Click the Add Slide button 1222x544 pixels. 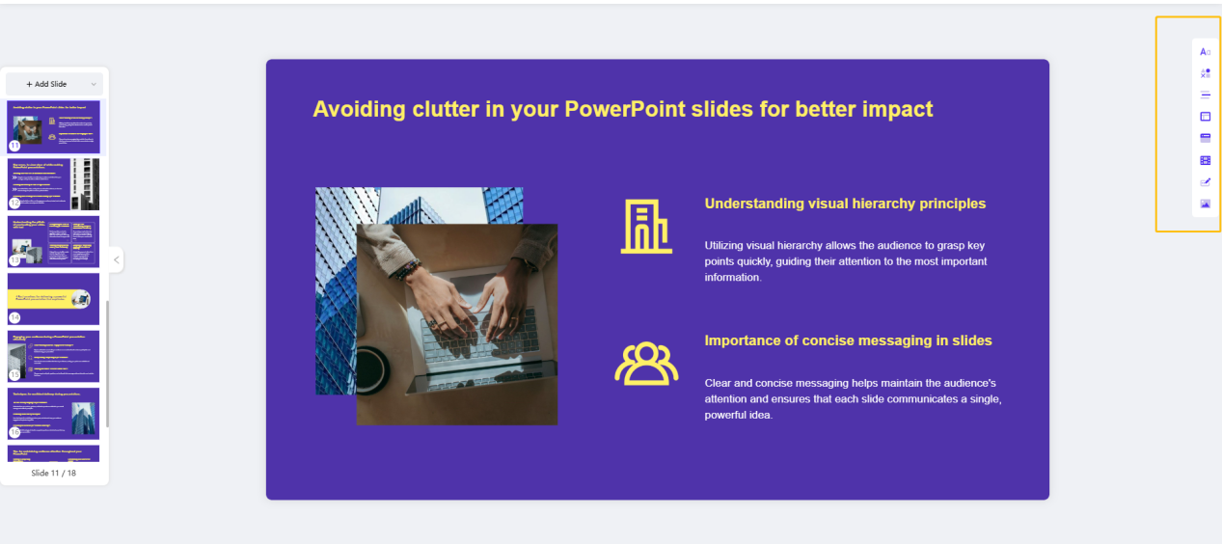[47, 84]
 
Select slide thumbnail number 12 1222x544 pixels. [53, 184]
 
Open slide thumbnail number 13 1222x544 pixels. [53, 241]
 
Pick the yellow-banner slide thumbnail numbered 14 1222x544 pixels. [53, 298]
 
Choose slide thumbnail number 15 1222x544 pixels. [53, 356]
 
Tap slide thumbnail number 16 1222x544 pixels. [53, 413]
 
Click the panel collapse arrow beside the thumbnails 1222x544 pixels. [116, 259]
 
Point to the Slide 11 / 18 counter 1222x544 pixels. [53, 474]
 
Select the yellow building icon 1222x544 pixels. [646, 228]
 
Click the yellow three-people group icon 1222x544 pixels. [646, 364]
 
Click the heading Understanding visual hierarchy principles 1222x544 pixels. [845, 204]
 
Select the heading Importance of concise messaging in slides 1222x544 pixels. [848, 340]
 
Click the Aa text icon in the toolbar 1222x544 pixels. [1205, 51]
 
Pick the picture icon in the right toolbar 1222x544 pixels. [1205, 204]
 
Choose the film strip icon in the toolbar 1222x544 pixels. [1205, 160]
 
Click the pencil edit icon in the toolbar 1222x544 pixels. [1205, 182]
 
